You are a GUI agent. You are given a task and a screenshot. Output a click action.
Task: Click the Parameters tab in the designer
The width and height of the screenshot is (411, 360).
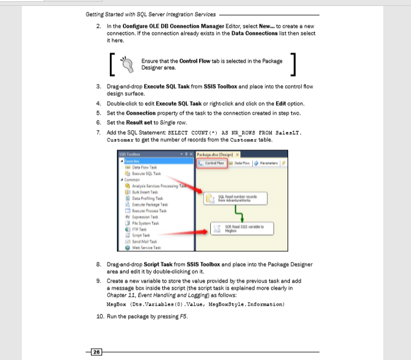click(269, 163)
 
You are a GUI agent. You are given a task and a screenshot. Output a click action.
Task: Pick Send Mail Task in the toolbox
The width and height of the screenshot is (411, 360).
click(143, 241)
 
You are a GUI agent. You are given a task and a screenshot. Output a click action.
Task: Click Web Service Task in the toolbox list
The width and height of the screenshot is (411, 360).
click(145, 248)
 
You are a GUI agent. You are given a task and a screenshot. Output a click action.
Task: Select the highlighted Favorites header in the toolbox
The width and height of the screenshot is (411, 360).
click(133, 161)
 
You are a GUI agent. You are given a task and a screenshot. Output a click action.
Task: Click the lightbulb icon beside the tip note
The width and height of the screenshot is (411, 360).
click(126, 64)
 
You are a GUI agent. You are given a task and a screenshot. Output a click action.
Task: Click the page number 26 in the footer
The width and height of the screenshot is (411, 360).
click(96, 352)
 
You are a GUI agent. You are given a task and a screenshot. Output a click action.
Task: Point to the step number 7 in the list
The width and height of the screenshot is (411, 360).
click(99, 132)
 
